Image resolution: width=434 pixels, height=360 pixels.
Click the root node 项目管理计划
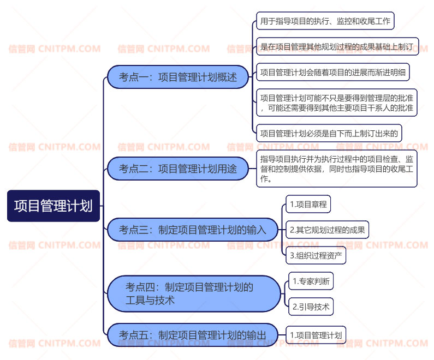pyautogui.click(x=53, y=206)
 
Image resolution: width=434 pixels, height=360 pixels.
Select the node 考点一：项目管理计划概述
pyautogui.click(x=178, y=77)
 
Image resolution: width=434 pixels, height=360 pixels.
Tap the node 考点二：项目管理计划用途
pyautogui.click(x=178, y=169)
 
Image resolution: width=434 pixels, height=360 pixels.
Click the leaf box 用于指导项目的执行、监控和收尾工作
pyautogui.click(x=325, y=21)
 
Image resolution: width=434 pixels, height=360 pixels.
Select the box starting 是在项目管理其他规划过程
pyautogui.click(x=337, y=46)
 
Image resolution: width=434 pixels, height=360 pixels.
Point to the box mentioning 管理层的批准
pyautogui.click(x=337, y=103)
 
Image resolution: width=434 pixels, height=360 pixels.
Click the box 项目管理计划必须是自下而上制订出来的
pyautogui.click(x=329, y=133)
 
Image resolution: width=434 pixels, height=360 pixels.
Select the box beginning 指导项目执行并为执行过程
pyautogui.click(x=337, y=169)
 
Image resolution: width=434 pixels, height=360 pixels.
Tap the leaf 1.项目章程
pyautogui.click(x=308, y=205)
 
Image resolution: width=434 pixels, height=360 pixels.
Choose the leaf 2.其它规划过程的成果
pyautogui.click(x=327, y=230)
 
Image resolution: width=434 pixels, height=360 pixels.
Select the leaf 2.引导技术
pyautogui.click(x=311, y=307)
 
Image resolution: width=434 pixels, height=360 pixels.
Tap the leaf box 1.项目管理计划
pyautogui.click(x=316, y=335)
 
